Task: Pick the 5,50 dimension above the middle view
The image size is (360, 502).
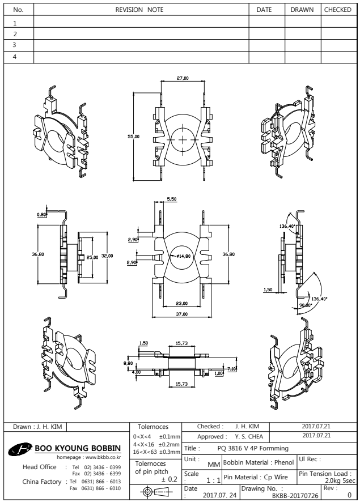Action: tap(171, 198)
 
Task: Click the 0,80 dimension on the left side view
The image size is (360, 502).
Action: tap(41, 214)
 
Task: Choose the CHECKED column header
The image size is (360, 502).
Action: tap(339, 10)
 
